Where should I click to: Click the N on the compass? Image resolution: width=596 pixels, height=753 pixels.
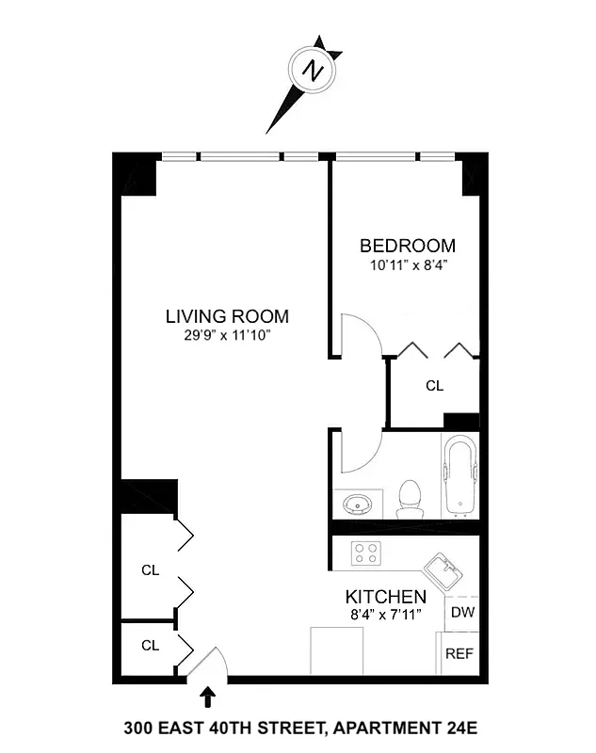tap(314, 71)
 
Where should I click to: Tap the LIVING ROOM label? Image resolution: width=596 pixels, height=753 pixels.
tap(227, 316)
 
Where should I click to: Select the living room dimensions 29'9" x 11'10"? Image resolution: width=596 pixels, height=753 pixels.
tap(227, 335)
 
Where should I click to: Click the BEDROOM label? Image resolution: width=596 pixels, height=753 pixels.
tap(407, 247)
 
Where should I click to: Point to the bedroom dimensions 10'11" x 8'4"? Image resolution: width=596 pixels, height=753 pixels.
tap(407, 265)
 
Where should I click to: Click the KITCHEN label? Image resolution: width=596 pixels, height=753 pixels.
tap(385, 597)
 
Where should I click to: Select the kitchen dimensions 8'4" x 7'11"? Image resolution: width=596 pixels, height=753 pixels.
tap(385, 615)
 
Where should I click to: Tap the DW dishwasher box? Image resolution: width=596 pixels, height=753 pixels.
tap(461, 613)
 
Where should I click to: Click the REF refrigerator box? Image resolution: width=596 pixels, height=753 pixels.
tap(459, 653)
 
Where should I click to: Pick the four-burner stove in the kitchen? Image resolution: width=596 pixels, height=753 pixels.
tap(365, 553)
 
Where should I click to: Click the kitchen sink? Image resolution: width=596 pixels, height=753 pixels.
tap(440, 570)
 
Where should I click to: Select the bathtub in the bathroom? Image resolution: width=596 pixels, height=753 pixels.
tap(461, 475)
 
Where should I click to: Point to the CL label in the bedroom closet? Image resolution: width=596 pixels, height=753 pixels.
tap(434, 386)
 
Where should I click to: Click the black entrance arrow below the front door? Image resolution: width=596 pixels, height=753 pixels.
tap(207, 697)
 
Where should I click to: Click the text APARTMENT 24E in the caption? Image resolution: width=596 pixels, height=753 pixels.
tap(410, 728)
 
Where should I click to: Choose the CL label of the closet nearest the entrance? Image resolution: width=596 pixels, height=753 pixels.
tap(150, 646)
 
